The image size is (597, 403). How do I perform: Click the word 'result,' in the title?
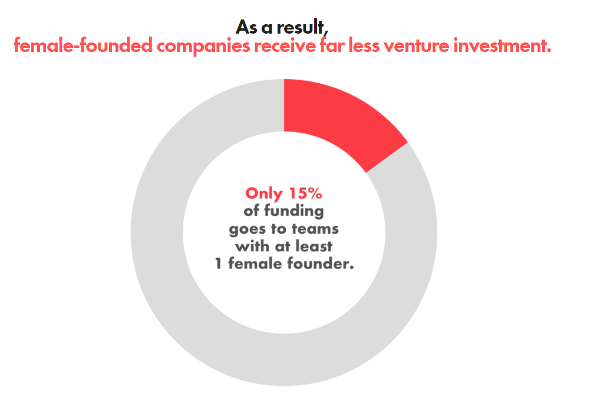click(302, 28)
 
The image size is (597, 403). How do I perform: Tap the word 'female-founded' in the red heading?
click(83, 46)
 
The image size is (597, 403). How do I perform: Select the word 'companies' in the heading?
click(203, 47)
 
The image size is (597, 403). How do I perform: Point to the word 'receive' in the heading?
click(285, 46)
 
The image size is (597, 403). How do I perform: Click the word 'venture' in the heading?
click(416, 46)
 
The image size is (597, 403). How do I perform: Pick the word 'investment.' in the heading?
click(502, 46)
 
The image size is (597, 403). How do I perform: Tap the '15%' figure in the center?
click(305, 194)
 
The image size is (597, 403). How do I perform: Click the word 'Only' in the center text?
click(264, 194)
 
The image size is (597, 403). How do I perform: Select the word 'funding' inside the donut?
click(294, 211)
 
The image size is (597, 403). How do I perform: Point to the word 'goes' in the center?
click(248, 230)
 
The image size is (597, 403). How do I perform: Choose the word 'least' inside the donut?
click(314, 246)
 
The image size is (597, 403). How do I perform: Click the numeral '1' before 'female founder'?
click(219, 264)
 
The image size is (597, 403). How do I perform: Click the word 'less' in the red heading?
click(364, 46)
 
